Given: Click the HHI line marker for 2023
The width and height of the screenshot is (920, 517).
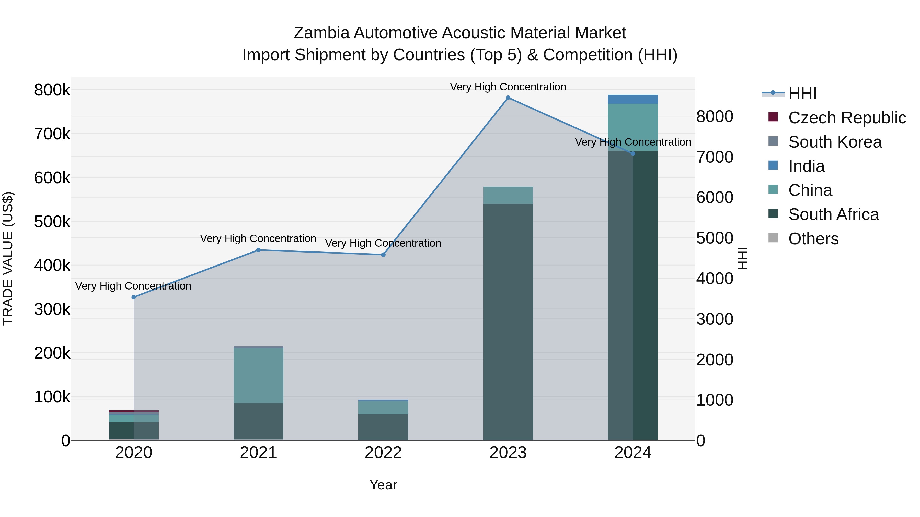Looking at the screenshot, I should [x=508, y=98].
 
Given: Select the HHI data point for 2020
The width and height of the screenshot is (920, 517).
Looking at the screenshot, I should [x=134, y=297].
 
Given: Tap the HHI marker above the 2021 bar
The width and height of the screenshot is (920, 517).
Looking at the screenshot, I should [x=258, y=250].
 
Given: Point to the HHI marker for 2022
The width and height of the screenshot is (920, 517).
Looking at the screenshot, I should [x=383, y=255].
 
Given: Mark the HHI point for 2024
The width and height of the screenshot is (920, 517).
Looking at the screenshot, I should [x=633, y=154].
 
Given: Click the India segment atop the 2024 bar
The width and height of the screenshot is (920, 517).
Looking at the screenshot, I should [x=632, y=99].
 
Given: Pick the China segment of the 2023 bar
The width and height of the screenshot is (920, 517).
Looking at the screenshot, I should [x=508, y=195].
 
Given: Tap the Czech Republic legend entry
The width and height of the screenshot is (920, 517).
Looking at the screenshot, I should [x=847, y=118].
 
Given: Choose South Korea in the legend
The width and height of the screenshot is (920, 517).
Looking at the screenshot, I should [x=835, y=142].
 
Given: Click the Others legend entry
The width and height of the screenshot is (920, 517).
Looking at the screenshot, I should [x=813, y=239].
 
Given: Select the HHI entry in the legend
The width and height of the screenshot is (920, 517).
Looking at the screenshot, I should [x=802, y=93].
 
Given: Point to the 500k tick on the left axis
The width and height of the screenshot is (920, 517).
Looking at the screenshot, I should [x=52, y=222].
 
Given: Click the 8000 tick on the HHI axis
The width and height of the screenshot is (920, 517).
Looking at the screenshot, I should [x=715, y=117].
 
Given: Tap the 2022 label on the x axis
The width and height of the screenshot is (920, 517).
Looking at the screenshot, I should [x=383, y=453].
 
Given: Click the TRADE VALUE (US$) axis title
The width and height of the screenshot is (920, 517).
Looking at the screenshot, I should [x=8, y=258].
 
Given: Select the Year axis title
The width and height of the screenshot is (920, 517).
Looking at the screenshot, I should [x=383, y=485].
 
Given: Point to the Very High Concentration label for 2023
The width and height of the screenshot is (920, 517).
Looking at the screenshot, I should [x=508, y=87].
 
